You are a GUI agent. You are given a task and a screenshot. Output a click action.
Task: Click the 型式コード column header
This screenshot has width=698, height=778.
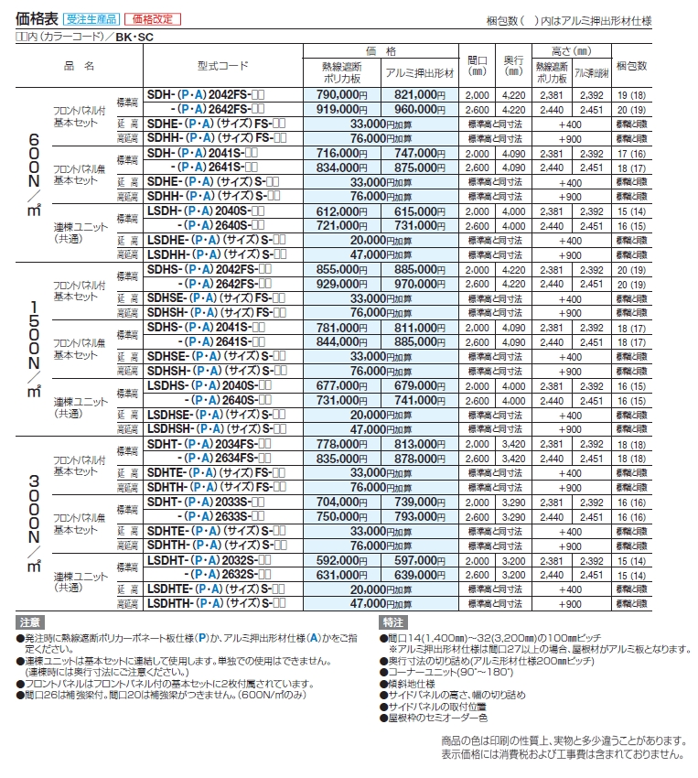click(222, 67)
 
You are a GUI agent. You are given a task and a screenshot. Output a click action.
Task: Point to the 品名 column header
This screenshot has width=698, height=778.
click(79, 67)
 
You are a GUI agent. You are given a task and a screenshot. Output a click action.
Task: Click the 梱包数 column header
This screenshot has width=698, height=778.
click(631, 67)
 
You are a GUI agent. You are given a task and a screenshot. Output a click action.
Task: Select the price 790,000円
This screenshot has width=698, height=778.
click(341, 94)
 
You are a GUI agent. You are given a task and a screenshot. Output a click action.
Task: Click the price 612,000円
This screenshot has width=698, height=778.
click(341, 211)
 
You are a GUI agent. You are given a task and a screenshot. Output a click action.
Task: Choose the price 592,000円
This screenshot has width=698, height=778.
click(341, 560)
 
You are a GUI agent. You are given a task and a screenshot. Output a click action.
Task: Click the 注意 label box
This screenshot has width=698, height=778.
click(30, 621)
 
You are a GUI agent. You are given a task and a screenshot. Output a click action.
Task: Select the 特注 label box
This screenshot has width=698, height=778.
click(392, 621)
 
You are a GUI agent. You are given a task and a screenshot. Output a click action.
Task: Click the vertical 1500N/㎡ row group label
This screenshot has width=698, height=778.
click(33, 349)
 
